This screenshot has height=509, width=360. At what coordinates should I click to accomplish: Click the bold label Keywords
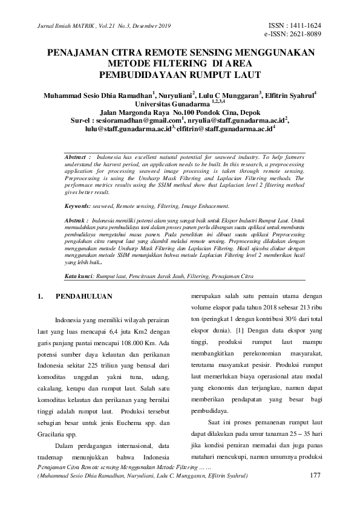tap(78, 207)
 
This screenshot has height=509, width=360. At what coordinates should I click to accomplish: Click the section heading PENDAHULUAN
tap(84, 297)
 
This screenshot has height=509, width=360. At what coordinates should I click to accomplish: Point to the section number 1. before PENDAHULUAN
tap(41, 297)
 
